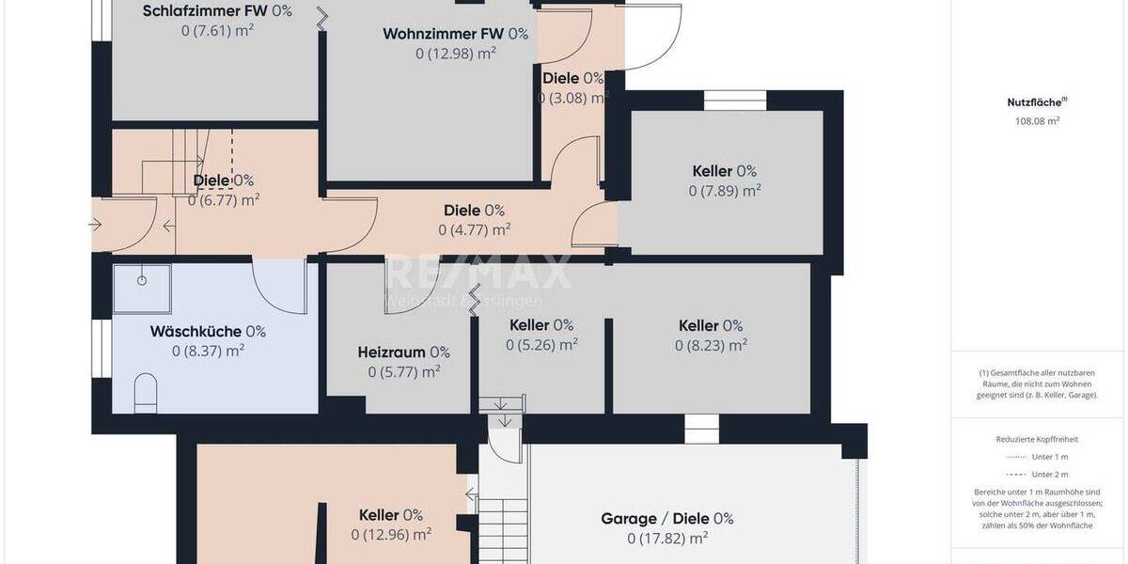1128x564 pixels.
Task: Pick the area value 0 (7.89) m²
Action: click(724, 191)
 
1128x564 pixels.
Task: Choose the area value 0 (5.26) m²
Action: click(540, 345)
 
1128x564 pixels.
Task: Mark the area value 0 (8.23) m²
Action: click(711, 345)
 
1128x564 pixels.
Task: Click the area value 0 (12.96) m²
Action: click(391, 535)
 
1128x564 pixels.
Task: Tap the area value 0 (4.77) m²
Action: click(474, 228)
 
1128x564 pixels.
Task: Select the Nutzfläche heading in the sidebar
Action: click(1036, 102)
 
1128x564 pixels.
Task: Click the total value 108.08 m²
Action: click(1036, 121)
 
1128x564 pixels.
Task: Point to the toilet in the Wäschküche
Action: click(146, 393)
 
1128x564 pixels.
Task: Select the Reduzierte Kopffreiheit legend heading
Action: click(1037, 439)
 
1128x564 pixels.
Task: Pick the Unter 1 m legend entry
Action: click(1037, 457)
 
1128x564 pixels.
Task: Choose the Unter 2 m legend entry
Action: click(1037, 475)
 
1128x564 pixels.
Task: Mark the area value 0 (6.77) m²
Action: click(224, 199)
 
